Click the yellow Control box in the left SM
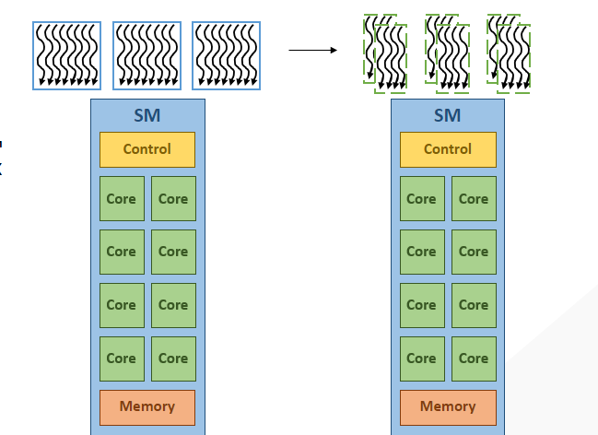point(147,149)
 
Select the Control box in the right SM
point(448,149)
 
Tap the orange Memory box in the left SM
point(147,406)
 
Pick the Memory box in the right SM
point(448,406)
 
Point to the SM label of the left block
point(147,115)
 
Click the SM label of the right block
point(448,115)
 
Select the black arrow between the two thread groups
point(313,50)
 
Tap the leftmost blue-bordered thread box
point(68,55)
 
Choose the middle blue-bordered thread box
point(147,55)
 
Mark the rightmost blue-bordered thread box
point(227,55)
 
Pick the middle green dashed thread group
point(448,53)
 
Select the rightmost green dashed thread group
point(510,53)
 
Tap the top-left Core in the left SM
point(122,199)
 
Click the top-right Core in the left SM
point(173,199)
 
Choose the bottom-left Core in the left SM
point(122,359)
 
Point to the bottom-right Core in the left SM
point(173,359)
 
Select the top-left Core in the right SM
point(422,199)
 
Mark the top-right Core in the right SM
point(474,199)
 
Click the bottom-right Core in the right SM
point(474,359)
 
